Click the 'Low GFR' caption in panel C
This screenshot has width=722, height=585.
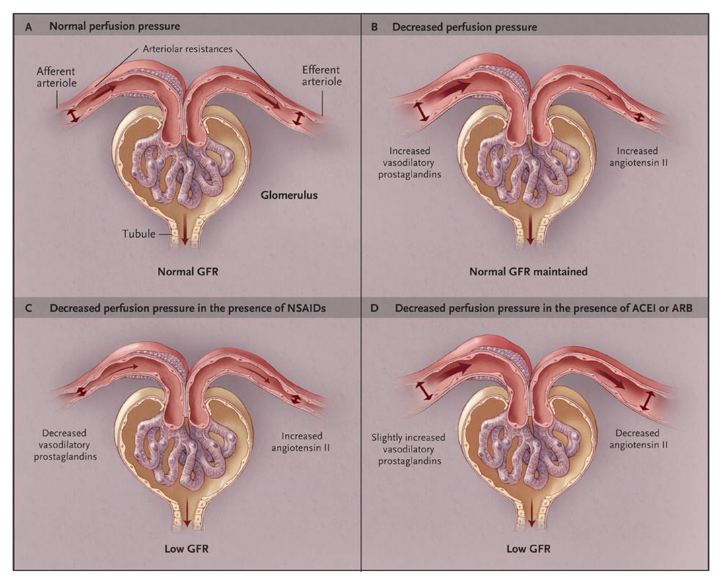(x=185, y=548)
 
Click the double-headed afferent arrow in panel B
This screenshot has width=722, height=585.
(x=421, y=112)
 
